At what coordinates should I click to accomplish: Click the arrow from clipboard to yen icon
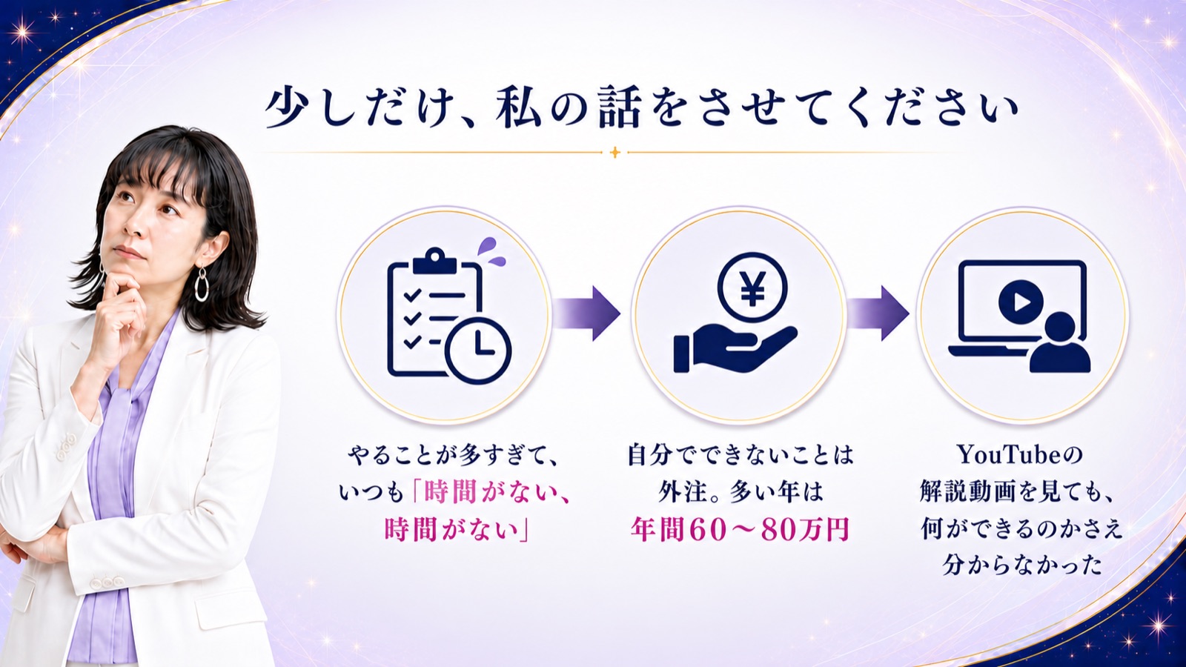click(586, 313)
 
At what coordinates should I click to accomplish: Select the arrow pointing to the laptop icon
click(877, 313)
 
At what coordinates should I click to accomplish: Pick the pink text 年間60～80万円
click(740, 529)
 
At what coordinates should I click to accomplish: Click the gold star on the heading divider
click(614, 153)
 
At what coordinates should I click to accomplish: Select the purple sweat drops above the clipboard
click(491, 251)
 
